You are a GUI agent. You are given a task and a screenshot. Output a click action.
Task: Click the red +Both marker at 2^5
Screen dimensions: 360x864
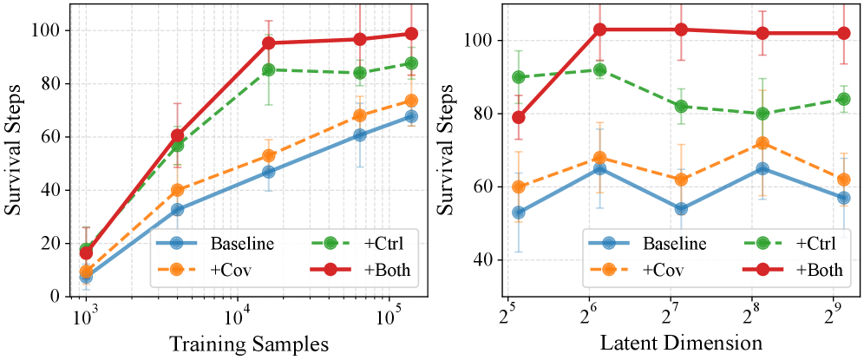(519, 117)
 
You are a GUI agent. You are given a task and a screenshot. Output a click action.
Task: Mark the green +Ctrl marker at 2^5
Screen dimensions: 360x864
(519, 77)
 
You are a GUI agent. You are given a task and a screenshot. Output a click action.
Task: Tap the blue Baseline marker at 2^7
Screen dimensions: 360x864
(681, 209)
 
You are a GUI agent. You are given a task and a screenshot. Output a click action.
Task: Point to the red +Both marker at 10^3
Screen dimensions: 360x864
(85, 252)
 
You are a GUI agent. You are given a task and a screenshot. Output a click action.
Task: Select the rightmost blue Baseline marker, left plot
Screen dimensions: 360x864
(411, 116)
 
